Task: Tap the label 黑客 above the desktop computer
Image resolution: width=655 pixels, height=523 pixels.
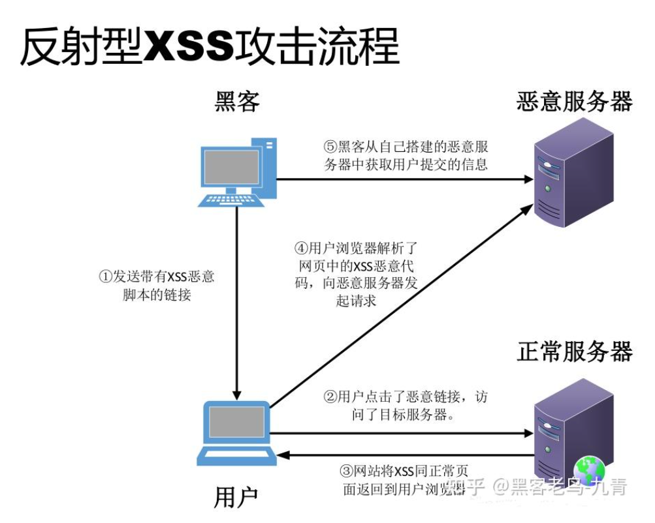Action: [237, 102]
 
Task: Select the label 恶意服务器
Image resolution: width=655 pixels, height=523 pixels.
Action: [574, 102]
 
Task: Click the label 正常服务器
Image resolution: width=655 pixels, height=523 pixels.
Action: [575, 351]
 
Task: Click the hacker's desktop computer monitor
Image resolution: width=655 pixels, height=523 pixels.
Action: [232, 167]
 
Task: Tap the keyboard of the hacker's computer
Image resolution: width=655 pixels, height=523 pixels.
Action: [232, 200]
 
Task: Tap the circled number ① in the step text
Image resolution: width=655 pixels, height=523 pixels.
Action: [106, 276]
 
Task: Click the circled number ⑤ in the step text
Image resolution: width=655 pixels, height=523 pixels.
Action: [330, 146]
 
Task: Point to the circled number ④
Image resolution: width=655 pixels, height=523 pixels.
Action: [301, 248]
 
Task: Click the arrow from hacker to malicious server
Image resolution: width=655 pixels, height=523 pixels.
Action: [405, 179]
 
